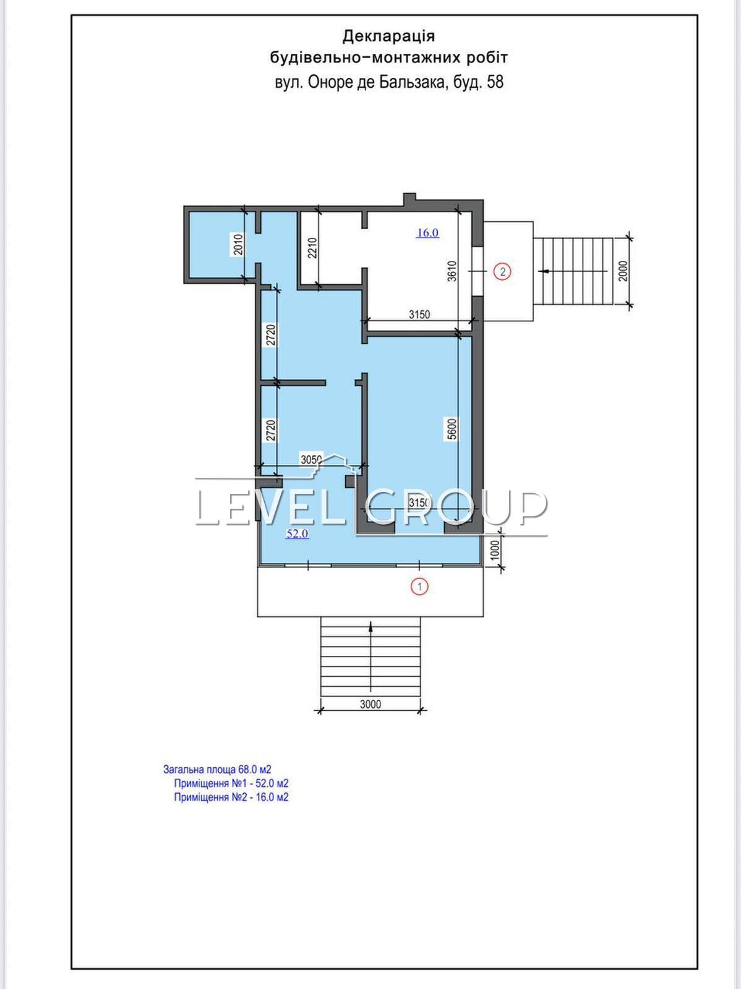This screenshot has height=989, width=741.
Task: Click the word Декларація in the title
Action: point(388,36)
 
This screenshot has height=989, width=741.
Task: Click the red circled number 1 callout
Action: point(420,587)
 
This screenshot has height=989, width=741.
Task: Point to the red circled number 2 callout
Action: point(503,272)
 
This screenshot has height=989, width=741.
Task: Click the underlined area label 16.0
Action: point(428,233)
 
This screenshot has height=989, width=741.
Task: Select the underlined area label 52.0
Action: point(298,533)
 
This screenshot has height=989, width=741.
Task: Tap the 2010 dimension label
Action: point(239,244)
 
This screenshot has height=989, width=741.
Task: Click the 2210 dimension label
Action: point(313,248)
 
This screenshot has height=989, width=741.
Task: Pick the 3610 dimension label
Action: point(452,271)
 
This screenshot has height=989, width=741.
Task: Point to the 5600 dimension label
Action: point(452,429)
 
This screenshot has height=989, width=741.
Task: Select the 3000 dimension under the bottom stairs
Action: point(370,704)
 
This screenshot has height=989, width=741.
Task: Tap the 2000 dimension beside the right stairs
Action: point(623,271)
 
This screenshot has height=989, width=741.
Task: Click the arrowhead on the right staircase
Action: point(544,271)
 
